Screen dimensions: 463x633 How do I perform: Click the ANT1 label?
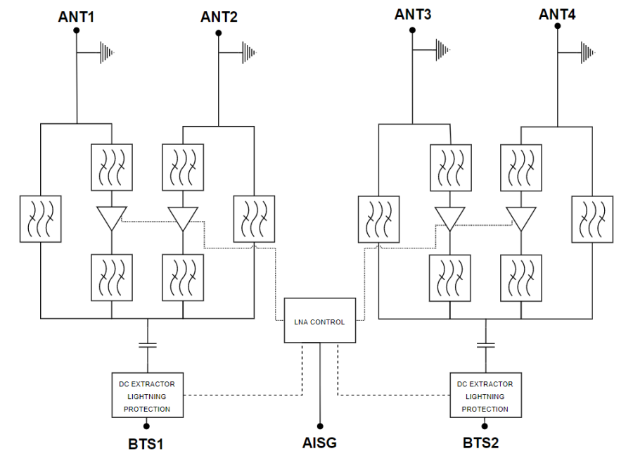click(x=76, y=16)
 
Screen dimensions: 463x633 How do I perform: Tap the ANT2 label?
click(x=219, y=17)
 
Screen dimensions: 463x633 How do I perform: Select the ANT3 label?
click(x=413, y=14)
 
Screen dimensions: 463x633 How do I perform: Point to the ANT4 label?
click(x=557, y=14)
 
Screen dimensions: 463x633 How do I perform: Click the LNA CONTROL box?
click(x=319, y=322)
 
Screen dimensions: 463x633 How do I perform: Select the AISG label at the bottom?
click(x=319, y=443)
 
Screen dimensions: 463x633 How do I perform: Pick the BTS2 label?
click(x=485, y=443)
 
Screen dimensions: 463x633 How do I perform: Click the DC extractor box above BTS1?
click(x=147, y=396)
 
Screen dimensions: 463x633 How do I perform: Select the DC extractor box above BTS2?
click(x=485, y=396)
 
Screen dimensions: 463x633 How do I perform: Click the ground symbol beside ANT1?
click(x=106, y=51)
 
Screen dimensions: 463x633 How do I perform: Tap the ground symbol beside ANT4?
click(x=587, y=51)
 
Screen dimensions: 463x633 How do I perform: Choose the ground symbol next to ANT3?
click(x=442, y=49)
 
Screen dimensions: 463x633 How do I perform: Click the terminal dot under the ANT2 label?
click(x=219, y=32)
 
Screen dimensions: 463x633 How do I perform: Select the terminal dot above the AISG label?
click(x=319, y=426)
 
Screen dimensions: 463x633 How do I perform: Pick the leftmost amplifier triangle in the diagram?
click(x=112, y=218)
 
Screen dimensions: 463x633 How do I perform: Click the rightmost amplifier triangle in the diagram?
click(x=521, y=218)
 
